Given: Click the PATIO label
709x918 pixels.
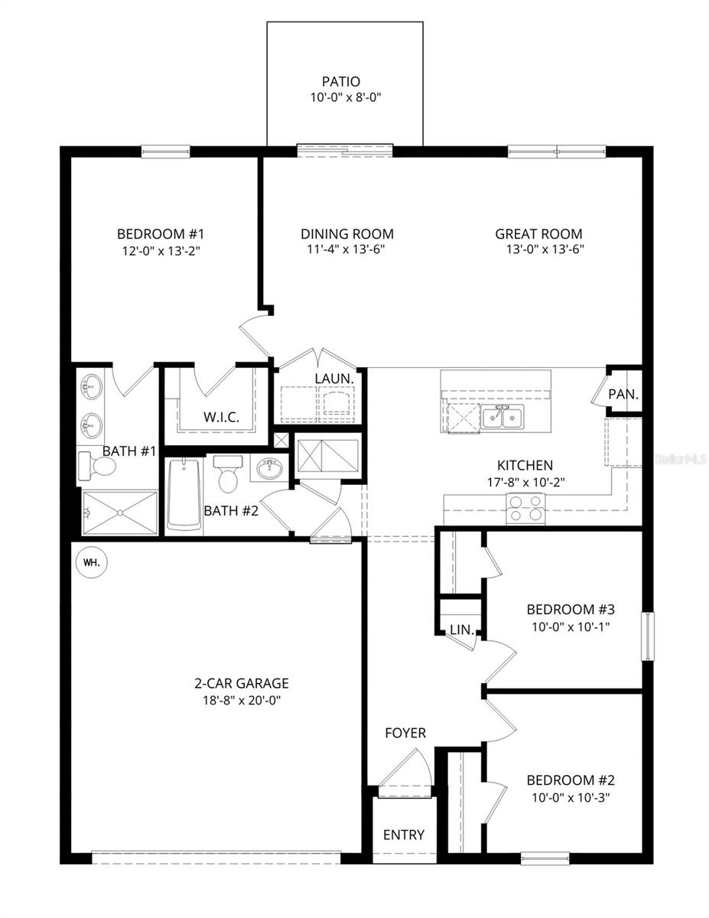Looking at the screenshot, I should (x=341, y=82).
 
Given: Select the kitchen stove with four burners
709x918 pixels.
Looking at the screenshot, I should (x=526, y=508).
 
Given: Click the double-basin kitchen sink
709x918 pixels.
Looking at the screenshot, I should (x=502, y=418).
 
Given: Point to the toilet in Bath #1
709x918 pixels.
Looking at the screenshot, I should (x=91, y=464).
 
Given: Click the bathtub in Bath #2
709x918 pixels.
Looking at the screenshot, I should (x=184, y=495).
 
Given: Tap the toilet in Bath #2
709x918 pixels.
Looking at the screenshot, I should (x=228, y=474).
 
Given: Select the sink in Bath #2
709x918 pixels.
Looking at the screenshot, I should (x=268, y=468).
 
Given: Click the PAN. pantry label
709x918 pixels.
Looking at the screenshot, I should (x=623, y=395).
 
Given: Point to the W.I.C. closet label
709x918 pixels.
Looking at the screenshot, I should (x=221, y=417).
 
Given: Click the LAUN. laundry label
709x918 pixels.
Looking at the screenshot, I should (x=334, y=379).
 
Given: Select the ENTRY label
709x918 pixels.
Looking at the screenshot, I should (x=403, y=835).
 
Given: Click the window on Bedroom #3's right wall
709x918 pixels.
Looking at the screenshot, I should (x=647, y=636).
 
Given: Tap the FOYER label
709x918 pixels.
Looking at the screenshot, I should (x=405, y=733).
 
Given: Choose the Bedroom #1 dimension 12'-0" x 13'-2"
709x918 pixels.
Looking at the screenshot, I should (x=160, y=249).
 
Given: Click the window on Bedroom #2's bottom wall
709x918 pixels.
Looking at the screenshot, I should (x=545, y=858).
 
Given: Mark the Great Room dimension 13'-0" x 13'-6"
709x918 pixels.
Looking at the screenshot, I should (x=538, y=249).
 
